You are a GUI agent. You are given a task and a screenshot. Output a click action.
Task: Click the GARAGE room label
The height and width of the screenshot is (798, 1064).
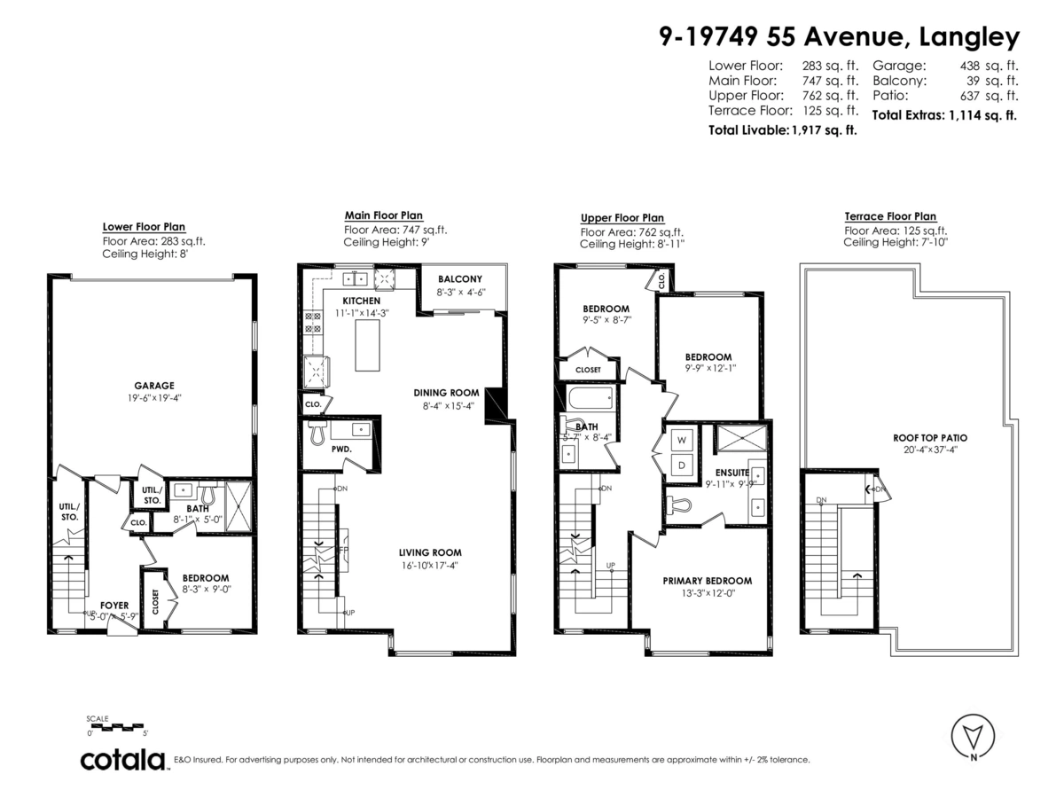click(154, 386)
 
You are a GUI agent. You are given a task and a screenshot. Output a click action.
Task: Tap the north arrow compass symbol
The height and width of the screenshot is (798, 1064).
click(973, 735)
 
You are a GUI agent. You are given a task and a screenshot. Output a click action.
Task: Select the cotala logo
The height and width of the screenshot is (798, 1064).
click(123, 760)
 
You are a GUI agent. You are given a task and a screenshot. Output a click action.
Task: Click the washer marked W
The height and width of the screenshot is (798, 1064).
click(683, 440)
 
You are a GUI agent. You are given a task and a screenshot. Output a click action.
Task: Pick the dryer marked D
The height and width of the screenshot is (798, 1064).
click(683, 464)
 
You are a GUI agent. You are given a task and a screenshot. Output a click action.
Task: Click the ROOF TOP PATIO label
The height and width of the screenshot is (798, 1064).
click(929, 437)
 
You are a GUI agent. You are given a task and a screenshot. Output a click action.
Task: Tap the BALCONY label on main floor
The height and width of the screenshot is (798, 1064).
click(459, 279)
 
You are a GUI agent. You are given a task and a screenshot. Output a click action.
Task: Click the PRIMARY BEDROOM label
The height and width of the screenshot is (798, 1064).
click(707, 581)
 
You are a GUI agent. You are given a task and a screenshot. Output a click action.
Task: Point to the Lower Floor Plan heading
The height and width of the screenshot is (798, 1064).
click(144, 227)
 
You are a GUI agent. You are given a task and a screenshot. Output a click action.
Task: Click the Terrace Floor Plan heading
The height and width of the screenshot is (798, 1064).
click(889, 216)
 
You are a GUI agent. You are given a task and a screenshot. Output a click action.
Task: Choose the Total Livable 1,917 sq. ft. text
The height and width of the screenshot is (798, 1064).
click(783, 130)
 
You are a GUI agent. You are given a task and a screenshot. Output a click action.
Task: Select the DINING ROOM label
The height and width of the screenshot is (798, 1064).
click(446, 393)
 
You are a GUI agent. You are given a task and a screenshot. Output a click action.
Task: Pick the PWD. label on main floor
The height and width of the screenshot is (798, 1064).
click(342, 449)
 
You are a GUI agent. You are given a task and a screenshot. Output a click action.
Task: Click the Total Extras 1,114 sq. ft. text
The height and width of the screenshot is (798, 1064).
click(944, 115)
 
